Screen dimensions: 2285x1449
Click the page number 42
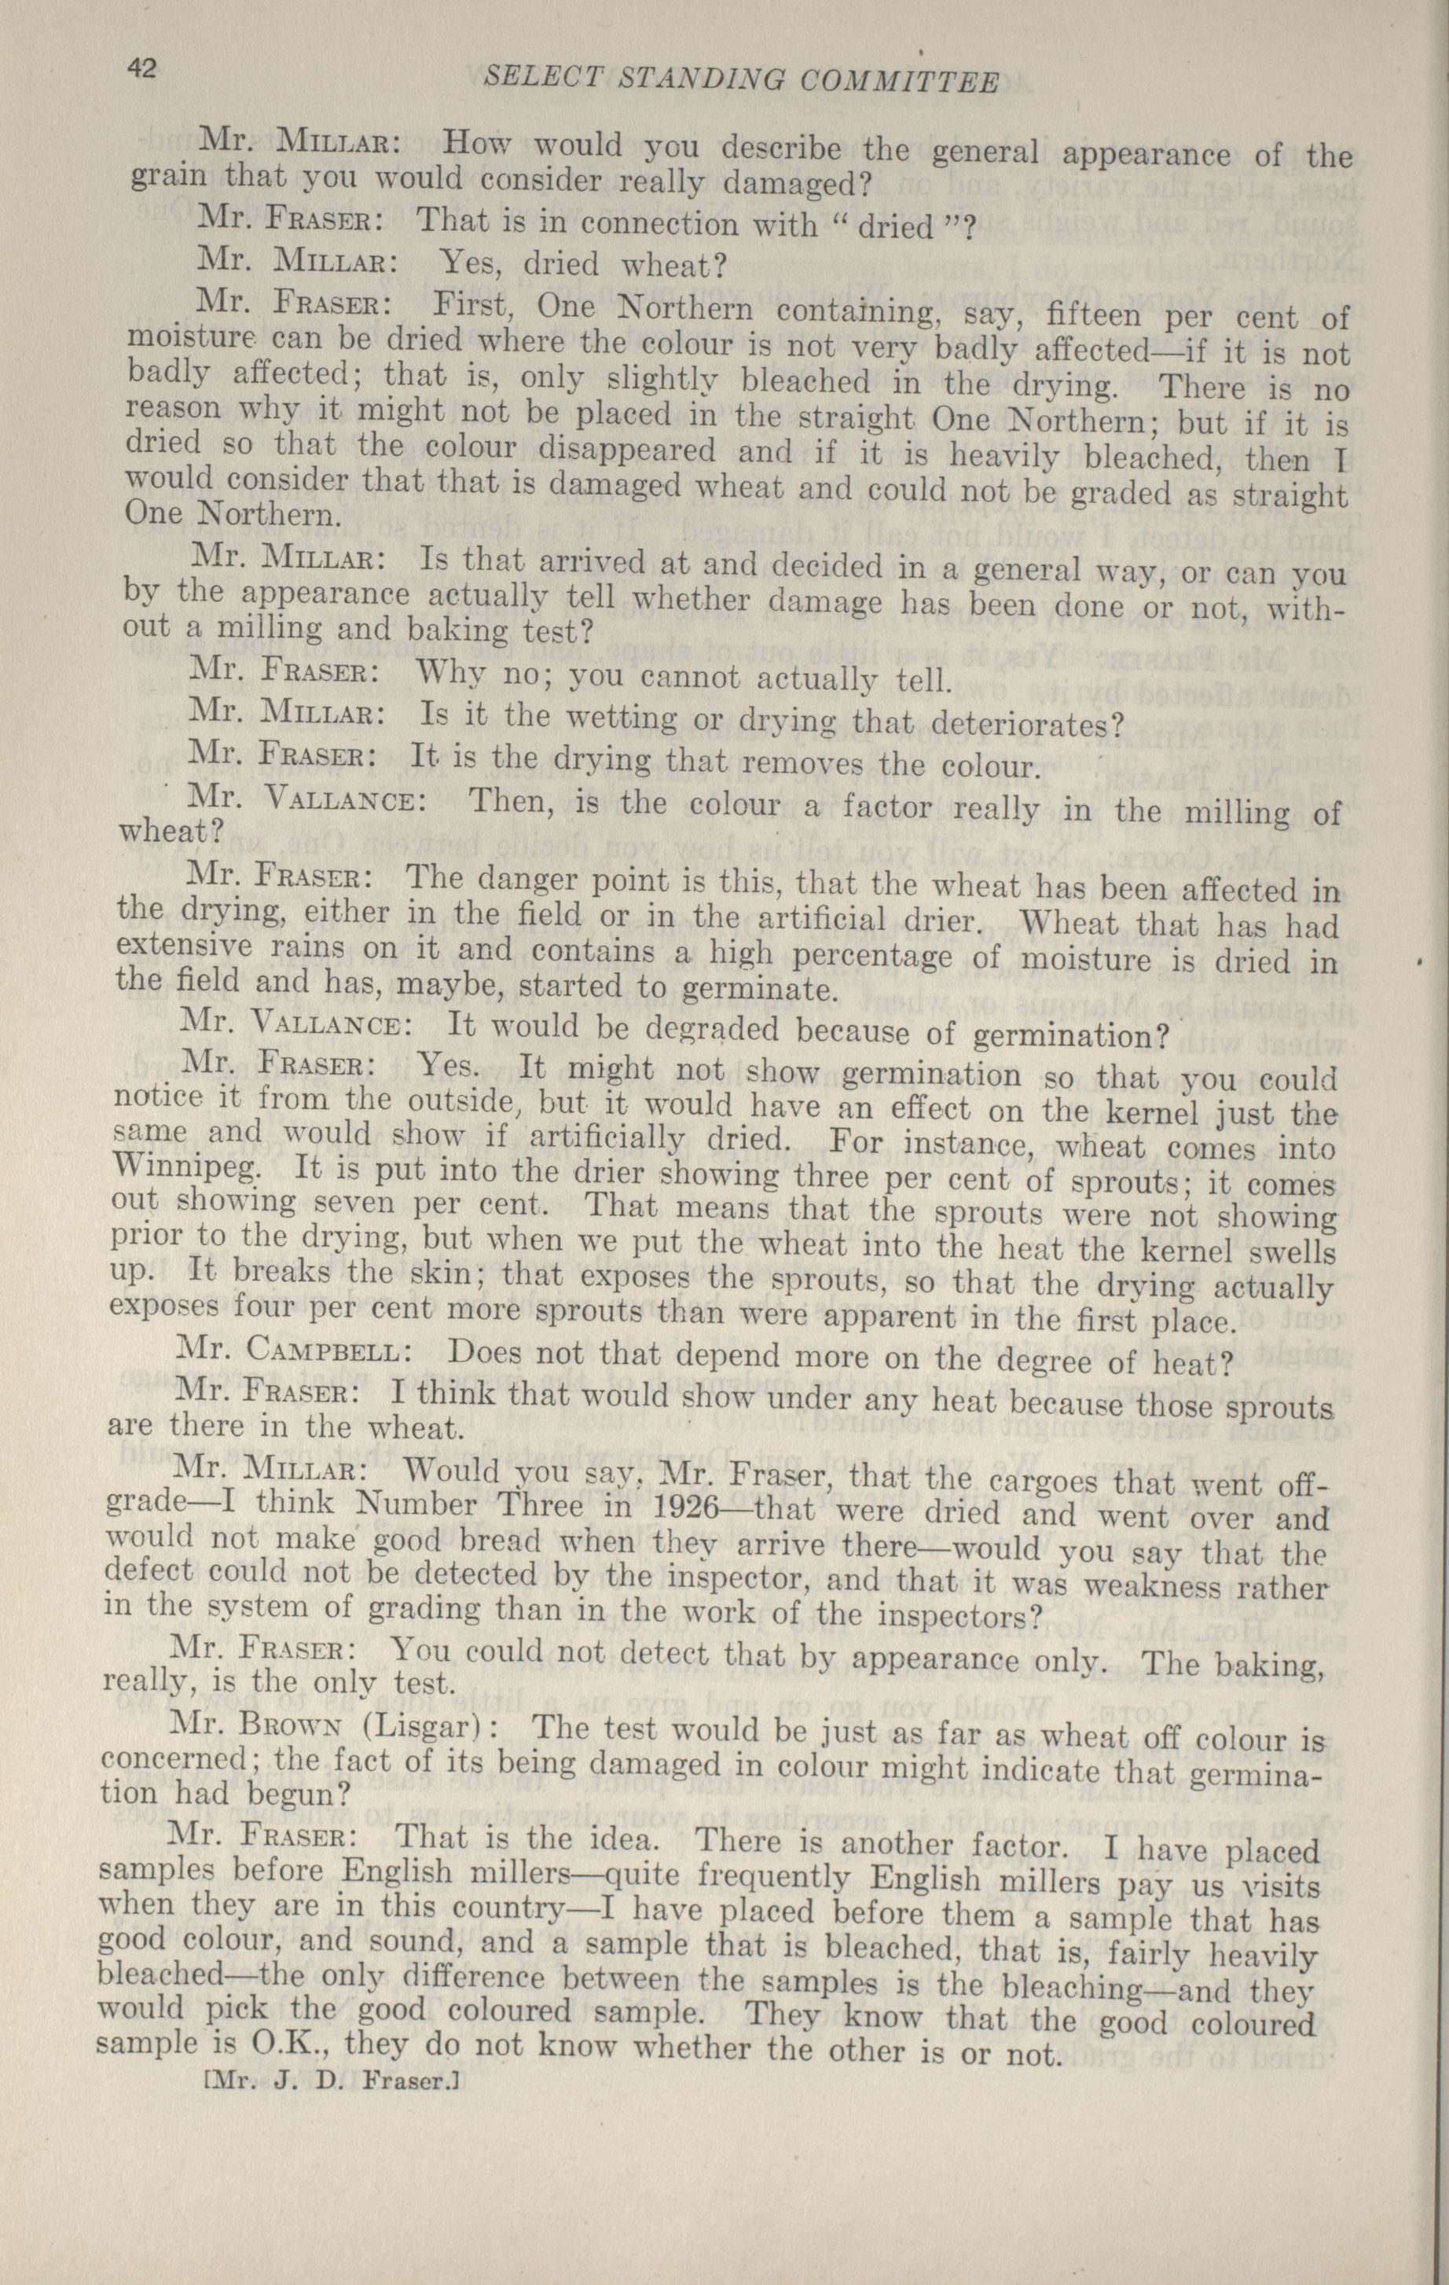(145, 69)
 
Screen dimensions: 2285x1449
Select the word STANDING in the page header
(680, 79)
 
